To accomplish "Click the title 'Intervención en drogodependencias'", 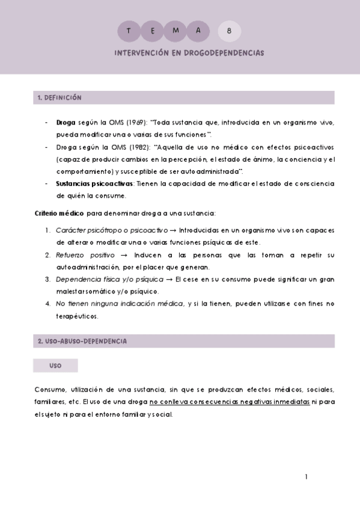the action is tap(189, 53).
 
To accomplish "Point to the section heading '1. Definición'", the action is tap(59, 97).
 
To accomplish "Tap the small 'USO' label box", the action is tap(55, 365).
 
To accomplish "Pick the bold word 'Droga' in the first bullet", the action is tap(66, 122).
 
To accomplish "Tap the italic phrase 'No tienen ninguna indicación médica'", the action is tap(120, 304).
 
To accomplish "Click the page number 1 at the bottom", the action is tap(307, 477).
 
